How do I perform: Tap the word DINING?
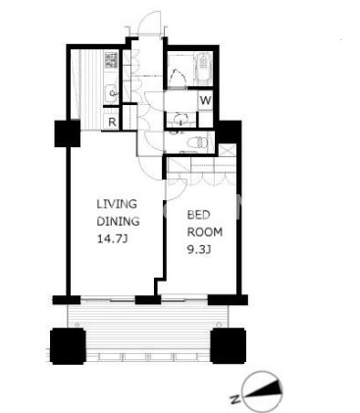(118, 222)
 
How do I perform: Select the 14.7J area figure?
(112, 239)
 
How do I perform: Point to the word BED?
(198, 215)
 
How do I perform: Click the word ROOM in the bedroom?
(205, 232)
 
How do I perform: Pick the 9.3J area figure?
(199, 250)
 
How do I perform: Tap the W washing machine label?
(206, 100)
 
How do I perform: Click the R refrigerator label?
(112, 123)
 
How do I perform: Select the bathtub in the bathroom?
(204, 69)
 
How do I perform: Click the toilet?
(198, 142)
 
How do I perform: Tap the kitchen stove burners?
(111, 60)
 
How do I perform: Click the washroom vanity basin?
(180, 120)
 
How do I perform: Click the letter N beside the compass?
(234, 399)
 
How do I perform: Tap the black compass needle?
(264, 390)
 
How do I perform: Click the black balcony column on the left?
(68, 346)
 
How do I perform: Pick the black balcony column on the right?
(229, 346)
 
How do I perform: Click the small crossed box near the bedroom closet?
(227, 149)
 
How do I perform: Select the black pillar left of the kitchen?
(68, 133)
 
